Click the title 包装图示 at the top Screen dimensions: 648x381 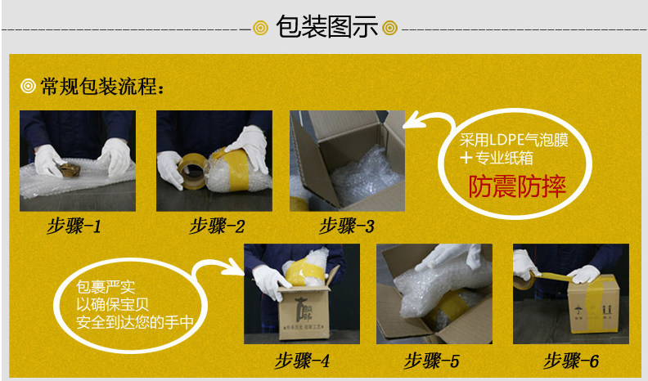(326, 27)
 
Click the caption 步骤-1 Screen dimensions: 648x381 (74, 226)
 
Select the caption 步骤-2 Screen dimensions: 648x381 (217, 226)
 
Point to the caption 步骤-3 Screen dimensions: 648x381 (347, 226)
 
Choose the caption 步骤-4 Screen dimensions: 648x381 (302, 361)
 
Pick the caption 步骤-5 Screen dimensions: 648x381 (431, 361)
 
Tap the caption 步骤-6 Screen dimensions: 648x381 (571, 361)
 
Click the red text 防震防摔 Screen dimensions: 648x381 (517, 186)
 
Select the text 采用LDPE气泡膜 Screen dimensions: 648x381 (514, 141)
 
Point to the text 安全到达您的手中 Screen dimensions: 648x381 (135, 322)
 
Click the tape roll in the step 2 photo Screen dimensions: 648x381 (191, 171)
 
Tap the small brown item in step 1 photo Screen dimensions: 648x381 (69, 170)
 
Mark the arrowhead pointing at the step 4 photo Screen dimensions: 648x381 (236, 269)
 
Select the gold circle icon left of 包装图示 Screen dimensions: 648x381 (260, 28)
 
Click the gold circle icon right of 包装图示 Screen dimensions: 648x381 (389, 28)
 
